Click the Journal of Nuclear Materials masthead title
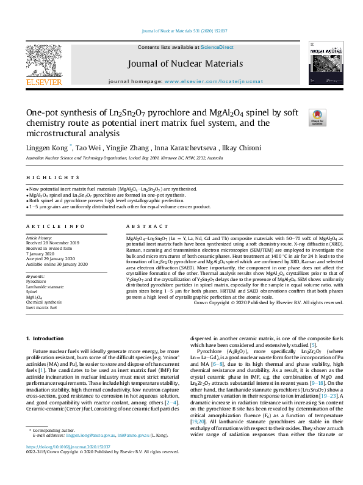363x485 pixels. point(185,64)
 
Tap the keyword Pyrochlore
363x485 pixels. point(35,281)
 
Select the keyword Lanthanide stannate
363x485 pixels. point(44,286)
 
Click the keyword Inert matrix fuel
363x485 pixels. point(41,307)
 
